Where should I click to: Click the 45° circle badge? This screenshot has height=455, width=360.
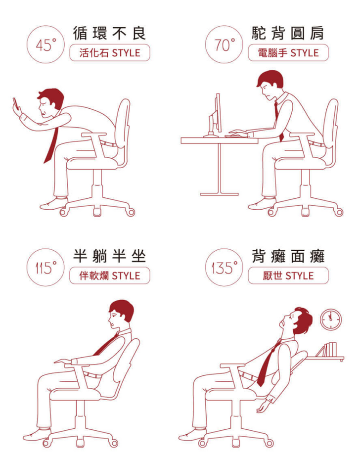(45, 45)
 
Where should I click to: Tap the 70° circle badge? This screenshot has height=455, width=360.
(224, 45)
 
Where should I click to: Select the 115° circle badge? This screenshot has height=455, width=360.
(45, 267)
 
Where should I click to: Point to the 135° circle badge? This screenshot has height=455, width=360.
(224, 267)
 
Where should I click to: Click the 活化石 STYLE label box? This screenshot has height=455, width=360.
(110, 53)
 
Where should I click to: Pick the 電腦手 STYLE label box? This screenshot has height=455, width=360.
(288, 53)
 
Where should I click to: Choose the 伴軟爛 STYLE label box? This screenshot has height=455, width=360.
(110, 275)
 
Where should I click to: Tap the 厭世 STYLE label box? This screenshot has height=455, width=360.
(288, 275)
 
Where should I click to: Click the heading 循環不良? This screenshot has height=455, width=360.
(109, 33)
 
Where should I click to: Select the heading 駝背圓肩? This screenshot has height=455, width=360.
(288, 33)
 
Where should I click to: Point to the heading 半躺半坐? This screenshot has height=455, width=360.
(109, 256)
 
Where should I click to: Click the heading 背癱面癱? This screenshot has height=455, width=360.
(288, 256)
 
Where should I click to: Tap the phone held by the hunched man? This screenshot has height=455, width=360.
(16, 103)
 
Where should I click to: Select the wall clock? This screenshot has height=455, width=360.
(331, 319)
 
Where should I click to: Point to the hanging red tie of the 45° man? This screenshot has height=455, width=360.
(51, 145)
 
